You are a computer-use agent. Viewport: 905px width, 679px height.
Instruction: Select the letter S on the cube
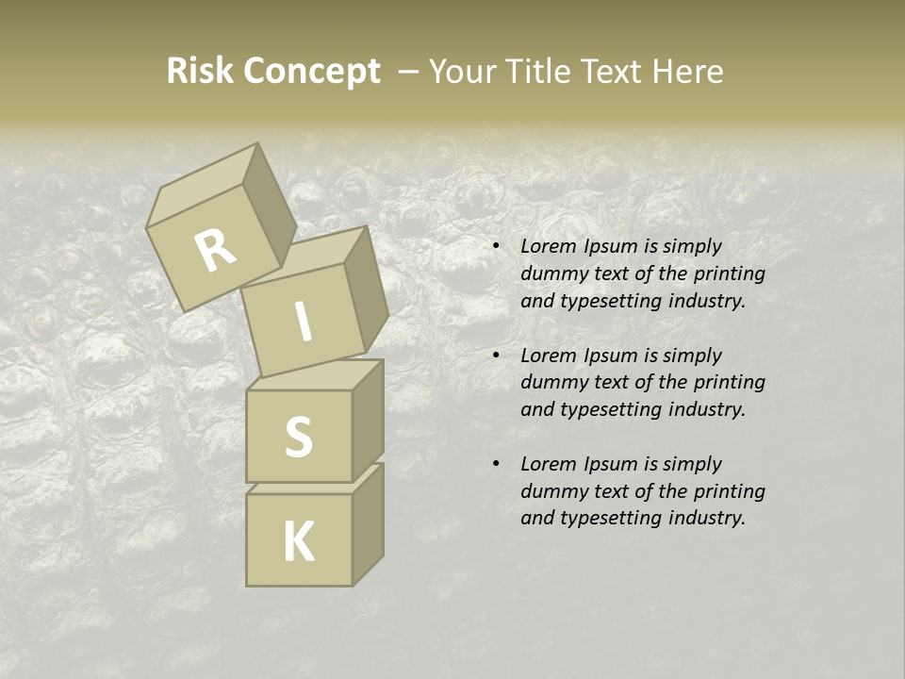pos(298,436)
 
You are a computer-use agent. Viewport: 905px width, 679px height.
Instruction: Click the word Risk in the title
pos(200,72)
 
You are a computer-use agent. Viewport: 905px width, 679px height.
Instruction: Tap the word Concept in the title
pos(311,72)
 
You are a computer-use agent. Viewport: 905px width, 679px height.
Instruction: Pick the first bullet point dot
pos(496,247)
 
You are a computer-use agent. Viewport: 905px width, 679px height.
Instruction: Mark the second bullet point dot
pos(496,356)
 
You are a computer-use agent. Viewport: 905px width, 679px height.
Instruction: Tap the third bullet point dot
pos(496,465)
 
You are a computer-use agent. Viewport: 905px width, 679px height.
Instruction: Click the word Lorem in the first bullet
pos(547,246)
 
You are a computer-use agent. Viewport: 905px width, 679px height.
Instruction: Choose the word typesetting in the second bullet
pos(607,409)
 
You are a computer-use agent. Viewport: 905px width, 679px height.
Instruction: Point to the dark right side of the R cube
pos(264,207)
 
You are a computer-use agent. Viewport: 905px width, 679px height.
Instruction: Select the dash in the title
pos(409,72)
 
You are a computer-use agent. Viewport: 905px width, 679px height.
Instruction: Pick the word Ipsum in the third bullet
pos(612,464)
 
